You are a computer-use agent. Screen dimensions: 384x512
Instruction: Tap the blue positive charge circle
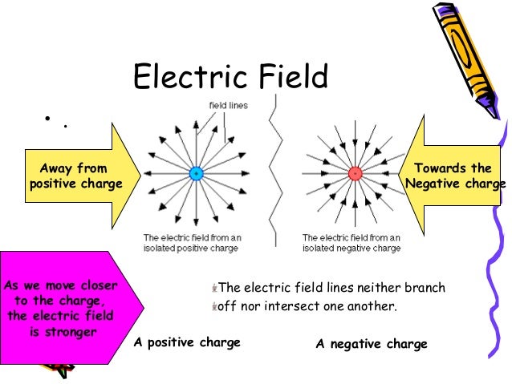(195, 173)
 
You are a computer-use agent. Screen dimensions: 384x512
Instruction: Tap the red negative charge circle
(356, 173)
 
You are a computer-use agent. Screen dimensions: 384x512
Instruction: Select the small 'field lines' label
(228, 105)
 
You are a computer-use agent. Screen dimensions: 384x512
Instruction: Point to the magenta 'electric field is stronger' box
(68, 309)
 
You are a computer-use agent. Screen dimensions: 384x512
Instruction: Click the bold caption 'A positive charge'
(187, 342)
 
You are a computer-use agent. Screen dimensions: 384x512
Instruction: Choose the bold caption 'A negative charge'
(372, 344)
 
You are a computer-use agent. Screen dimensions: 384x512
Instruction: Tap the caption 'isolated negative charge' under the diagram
(351, 249)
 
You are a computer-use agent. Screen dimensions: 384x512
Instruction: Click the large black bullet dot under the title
(49, 119)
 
